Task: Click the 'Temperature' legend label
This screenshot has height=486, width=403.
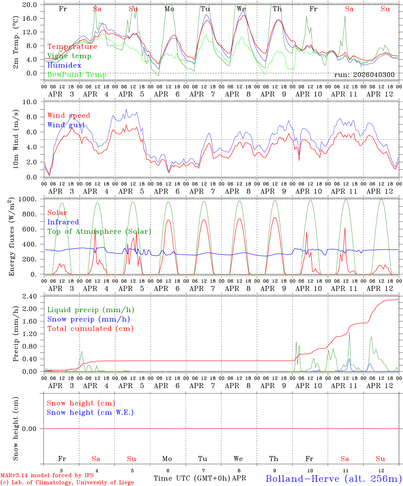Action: pos(72,47)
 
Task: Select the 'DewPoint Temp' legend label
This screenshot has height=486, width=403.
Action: pos(77,75)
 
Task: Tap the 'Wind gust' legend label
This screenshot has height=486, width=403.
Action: pos(66,125)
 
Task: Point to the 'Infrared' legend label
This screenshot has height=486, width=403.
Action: pos(63,222)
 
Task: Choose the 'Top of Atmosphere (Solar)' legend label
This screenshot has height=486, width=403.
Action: pos(99,232)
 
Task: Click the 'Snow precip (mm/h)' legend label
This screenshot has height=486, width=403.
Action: pos(88,319)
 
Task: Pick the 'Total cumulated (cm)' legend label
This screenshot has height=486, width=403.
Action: pos(90,328)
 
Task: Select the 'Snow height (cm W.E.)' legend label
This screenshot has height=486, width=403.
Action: pos(90,412)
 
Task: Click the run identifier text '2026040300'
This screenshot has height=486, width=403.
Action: pos(374,75)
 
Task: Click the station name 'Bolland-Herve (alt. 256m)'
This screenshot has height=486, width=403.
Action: pos(333,478)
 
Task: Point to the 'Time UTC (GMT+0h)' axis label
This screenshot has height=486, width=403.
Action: pos(192,478)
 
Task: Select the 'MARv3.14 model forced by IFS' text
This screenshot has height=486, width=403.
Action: pos(47,475)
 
